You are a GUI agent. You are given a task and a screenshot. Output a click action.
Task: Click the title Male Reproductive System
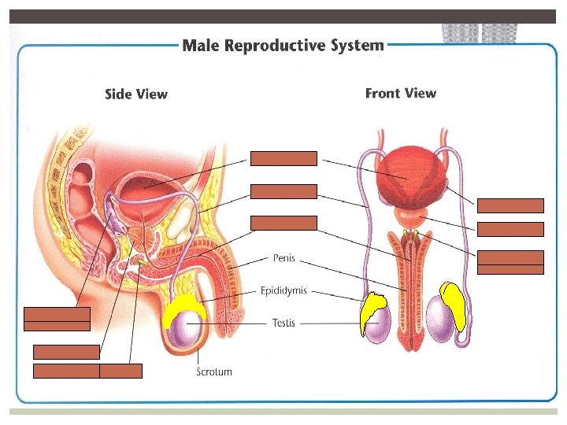coord(283,45)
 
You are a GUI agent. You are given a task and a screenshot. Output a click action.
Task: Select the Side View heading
coord(135,94)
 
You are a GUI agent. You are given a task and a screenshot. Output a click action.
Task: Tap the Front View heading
coord(400,94)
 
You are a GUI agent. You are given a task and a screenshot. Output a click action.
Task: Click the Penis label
coord(284,257)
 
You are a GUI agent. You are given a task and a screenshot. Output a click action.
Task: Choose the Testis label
coord(283,323)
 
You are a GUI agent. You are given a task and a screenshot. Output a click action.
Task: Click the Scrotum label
coord(214,371)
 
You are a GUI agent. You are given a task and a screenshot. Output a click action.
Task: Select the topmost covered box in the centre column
coord(283,159)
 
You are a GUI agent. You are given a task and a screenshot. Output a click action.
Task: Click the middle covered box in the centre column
coord(283,191)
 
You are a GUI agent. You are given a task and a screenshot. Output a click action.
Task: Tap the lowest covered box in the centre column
coord(283,223)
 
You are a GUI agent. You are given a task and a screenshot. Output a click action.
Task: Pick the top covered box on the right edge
coord(510,206)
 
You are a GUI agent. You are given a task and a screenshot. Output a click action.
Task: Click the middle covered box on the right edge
coord(510,230)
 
